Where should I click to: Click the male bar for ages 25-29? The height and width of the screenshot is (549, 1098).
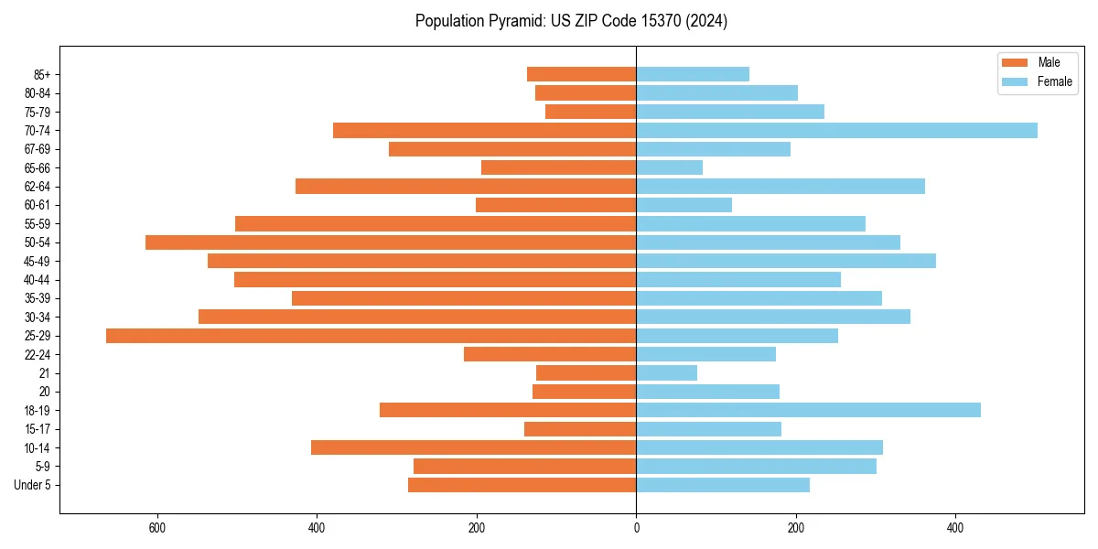[371, 336]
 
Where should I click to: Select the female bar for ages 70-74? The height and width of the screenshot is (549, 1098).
[836, 131]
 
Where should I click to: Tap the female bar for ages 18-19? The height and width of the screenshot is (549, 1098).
[808, 410]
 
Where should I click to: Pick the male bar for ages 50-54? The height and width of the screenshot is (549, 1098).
[391, 242]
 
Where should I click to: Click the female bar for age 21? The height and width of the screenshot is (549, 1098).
[666, 373]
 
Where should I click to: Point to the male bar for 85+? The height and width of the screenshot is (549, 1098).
[581, 74]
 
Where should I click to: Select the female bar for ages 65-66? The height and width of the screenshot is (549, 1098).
[669, 167]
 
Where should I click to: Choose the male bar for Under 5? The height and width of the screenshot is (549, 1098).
[522, 485]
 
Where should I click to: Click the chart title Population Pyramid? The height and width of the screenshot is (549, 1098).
[571, 21]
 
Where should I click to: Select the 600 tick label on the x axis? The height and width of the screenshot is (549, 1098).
[156, 529]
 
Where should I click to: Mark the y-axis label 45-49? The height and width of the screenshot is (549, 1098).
[38, 261]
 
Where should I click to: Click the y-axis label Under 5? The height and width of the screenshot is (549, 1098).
[32, 485]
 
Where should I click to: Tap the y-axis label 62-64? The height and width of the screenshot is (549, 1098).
[38, 187]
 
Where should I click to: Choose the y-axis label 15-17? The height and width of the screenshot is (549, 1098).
[38, 429]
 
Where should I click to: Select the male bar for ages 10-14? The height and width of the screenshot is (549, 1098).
[473, 447]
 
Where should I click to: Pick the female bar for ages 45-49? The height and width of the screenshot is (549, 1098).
[786, 261]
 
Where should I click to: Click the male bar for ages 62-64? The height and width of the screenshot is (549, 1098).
[466, 187]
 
